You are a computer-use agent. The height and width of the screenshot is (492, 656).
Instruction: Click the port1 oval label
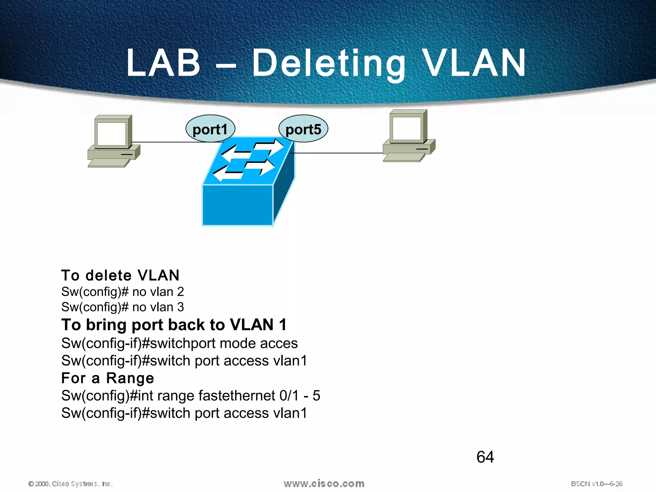[210, 129]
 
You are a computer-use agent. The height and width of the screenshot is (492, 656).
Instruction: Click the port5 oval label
[303, 129]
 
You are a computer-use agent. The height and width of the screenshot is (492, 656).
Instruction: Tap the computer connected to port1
[114, 141]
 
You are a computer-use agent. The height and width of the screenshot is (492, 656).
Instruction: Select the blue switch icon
[248, 183]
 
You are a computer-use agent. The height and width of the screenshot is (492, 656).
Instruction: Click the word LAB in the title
[163, 63]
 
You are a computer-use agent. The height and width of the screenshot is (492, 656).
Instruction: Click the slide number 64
[485, 457]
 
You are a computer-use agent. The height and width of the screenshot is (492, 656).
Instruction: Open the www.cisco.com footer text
[324, 483]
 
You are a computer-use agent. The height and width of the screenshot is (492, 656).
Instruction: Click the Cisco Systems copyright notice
[71, 484]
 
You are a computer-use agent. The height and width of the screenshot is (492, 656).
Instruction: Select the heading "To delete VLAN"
[120, 275]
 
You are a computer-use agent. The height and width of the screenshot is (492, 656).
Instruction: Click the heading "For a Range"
[108, 378]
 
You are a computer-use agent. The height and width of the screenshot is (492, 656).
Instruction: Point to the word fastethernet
[237, 396]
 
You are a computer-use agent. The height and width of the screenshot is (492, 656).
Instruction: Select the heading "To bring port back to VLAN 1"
[174, 325]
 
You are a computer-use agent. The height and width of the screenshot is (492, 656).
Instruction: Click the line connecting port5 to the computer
[336, 153]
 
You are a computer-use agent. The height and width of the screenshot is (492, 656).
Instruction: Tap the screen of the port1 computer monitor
[111, 134]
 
